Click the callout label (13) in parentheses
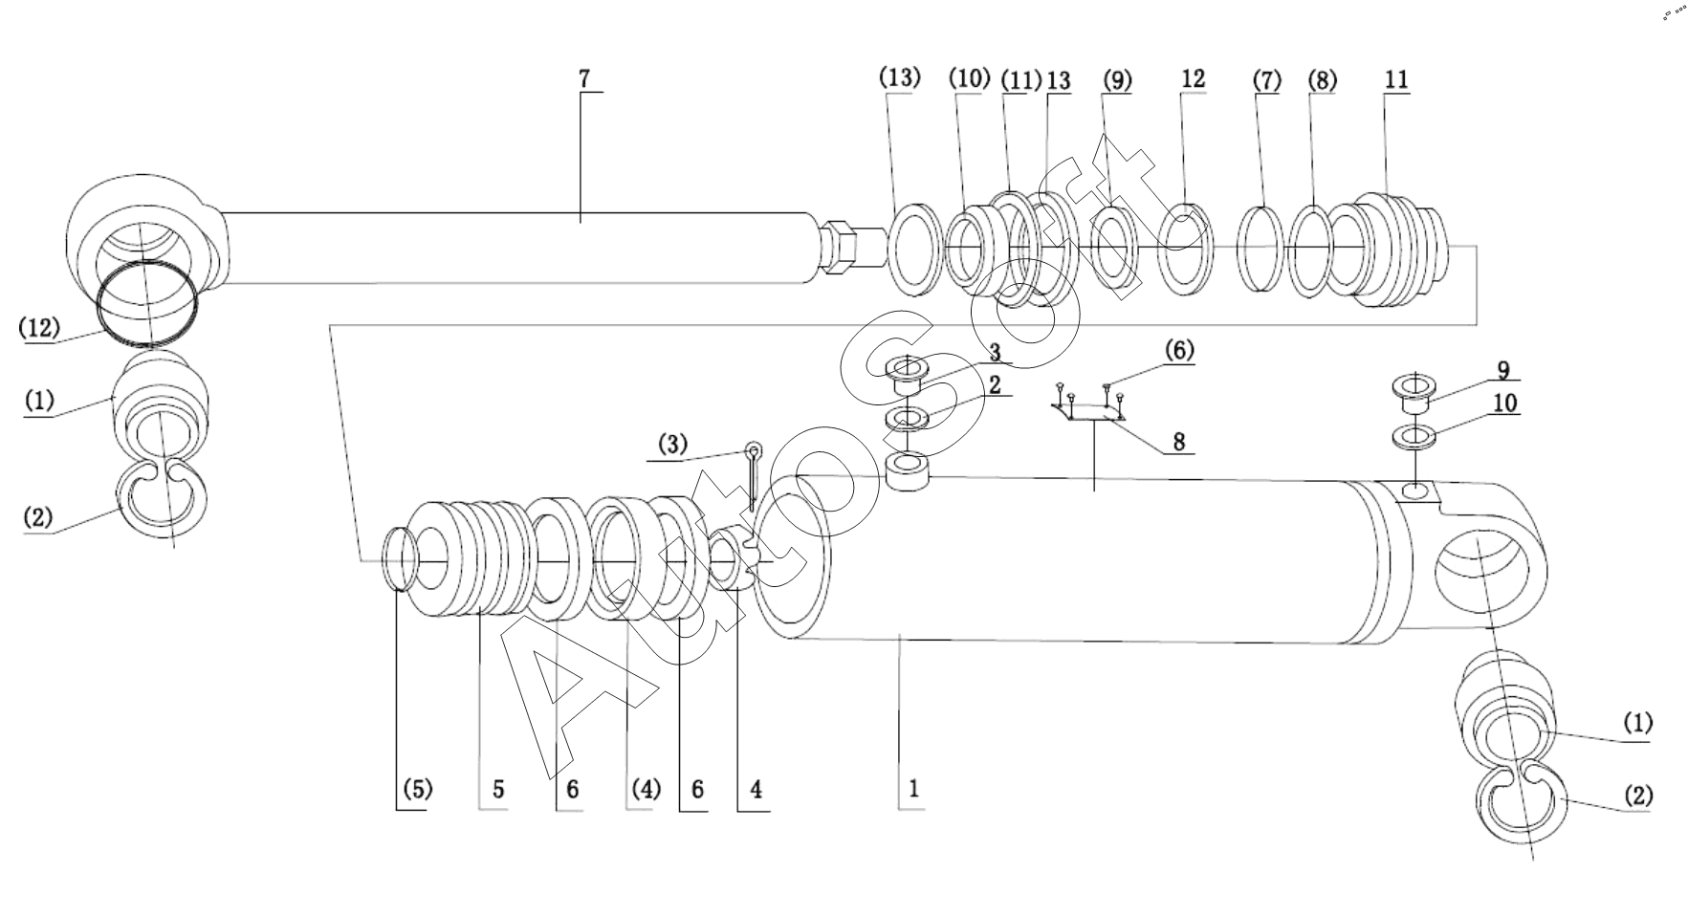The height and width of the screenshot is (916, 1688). click(899, 78)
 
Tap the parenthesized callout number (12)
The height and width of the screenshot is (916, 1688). click(40, 327)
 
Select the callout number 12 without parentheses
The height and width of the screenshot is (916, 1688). click(1193, 78)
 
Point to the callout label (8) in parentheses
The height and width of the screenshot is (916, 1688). click(1323, 80)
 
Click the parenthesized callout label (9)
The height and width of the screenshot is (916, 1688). click(1115, 80)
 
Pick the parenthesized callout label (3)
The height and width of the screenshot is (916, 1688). click(671, 445)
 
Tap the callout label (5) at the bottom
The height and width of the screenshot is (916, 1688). click(416, 790)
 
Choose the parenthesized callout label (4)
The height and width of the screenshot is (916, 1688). click(643, 790)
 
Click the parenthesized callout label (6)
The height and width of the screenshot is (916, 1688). click(1178, 351)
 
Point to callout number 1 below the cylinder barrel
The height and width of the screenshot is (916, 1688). click(913, 790)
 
